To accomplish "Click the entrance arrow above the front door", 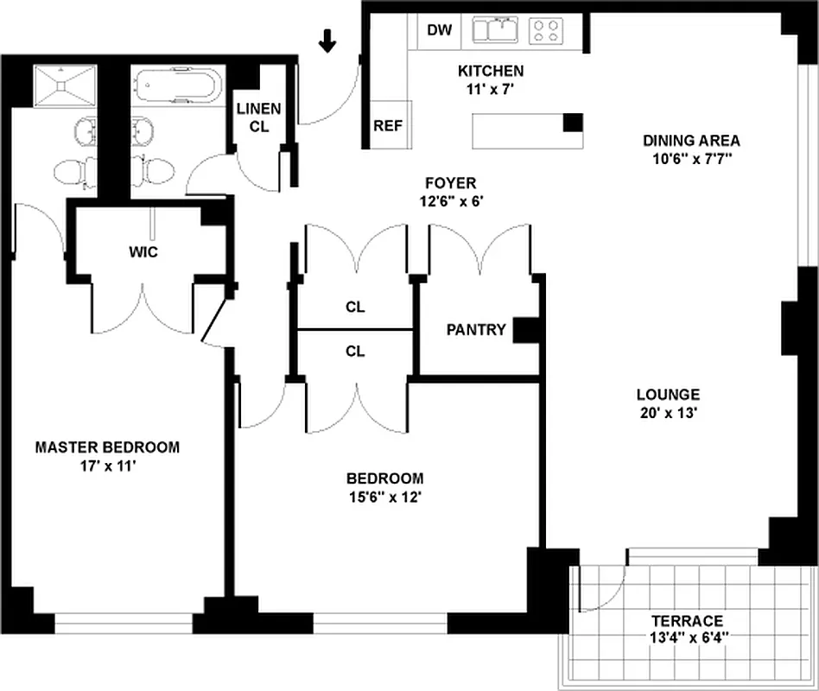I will (x=327, y=40).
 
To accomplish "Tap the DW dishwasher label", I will (x=440, y=30).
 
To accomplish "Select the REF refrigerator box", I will (x=388, y=125).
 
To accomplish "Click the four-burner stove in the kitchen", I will (x=546, y=31).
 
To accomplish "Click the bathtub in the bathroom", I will (x=177, y=86).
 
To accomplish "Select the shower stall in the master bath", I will (x=66, y=86).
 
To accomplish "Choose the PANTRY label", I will (x=476, y=330).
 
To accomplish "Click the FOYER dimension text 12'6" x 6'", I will (x=450, y=200).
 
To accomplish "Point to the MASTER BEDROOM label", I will (x=107, y=447).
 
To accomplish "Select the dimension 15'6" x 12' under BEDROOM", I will (x=385, y=497).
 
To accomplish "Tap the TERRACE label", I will (x=687, y=621).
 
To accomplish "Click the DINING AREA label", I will (x=691, y=141).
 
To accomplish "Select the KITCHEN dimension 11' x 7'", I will (x=490, y=87).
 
